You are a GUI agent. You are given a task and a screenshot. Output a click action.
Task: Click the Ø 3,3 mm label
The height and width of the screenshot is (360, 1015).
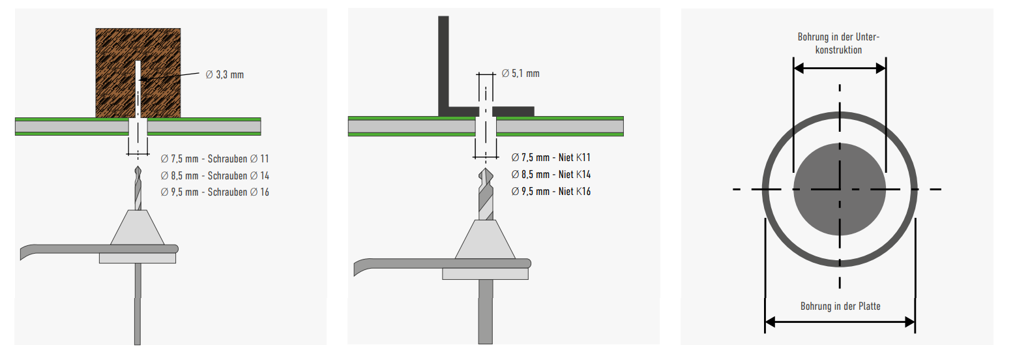(225, 75)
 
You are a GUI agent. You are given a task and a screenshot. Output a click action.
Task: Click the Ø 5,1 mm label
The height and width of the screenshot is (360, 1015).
(521, 74)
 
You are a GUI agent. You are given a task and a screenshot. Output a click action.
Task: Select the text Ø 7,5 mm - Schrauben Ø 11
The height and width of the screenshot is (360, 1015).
(214, 158)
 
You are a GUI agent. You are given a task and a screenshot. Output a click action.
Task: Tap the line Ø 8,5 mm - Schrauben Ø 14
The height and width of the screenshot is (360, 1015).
(214, 175)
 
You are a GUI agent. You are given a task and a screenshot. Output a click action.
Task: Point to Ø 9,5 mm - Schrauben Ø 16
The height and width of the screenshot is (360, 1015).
(214, 192)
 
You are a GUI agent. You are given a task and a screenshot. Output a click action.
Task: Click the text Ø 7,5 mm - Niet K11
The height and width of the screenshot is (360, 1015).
(551, 157)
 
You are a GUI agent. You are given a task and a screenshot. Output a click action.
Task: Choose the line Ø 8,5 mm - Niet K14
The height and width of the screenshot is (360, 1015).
(551, 174)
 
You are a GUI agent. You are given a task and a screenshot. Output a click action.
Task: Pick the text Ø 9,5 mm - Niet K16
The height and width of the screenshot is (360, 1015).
(551, 191)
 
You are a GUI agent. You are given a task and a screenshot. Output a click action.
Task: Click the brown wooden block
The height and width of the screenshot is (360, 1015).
(113, 72)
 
